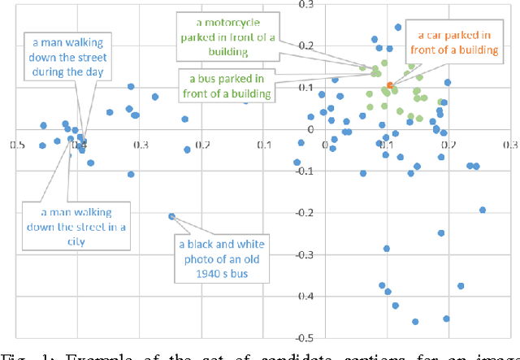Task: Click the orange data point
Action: pos(390,85)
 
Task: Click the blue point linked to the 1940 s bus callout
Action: pos(171,216)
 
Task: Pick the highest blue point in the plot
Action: pos(398,27)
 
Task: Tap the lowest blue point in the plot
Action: pos(415,322)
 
